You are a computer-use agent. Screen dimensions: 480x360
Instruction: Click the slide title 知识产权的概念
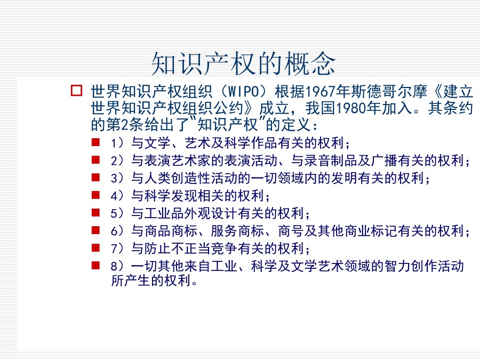click(x=243, y=63)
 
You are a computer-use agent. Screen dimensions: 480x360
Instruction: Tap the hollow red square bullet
click(x=76, y=91)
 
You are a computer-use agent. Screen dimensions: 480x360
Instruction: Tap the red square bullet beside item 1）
click(x=95, y=142)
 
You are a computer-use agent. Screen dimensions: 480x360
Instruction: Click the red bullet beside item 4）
click(x=95, y=195)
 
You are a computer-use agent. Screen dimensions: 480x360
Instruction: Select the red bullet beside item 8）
click(x=95, y=265)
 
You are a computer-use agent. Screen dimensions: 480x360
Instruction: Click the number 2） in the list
click(x=117, y=161)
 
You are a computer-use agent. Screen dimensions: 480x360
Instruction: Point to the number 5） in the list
click(x=117, y=213)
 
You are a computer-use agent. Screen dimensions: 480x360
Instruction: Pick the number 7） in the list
click(x=117, y=248)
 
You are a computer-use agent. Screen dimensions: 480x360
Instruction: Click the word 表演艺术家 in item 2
click(x=178, y=161)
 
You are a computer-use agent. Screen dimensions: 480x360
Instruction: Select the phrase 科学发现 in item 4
click(x=171, y=196)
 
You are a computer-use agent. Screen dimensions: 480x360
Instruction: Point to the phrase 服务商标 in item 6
click(x=237, y=231)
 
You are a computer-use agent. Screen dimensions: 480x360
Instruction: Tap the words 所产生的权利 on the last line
click(x=151, y=281)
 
